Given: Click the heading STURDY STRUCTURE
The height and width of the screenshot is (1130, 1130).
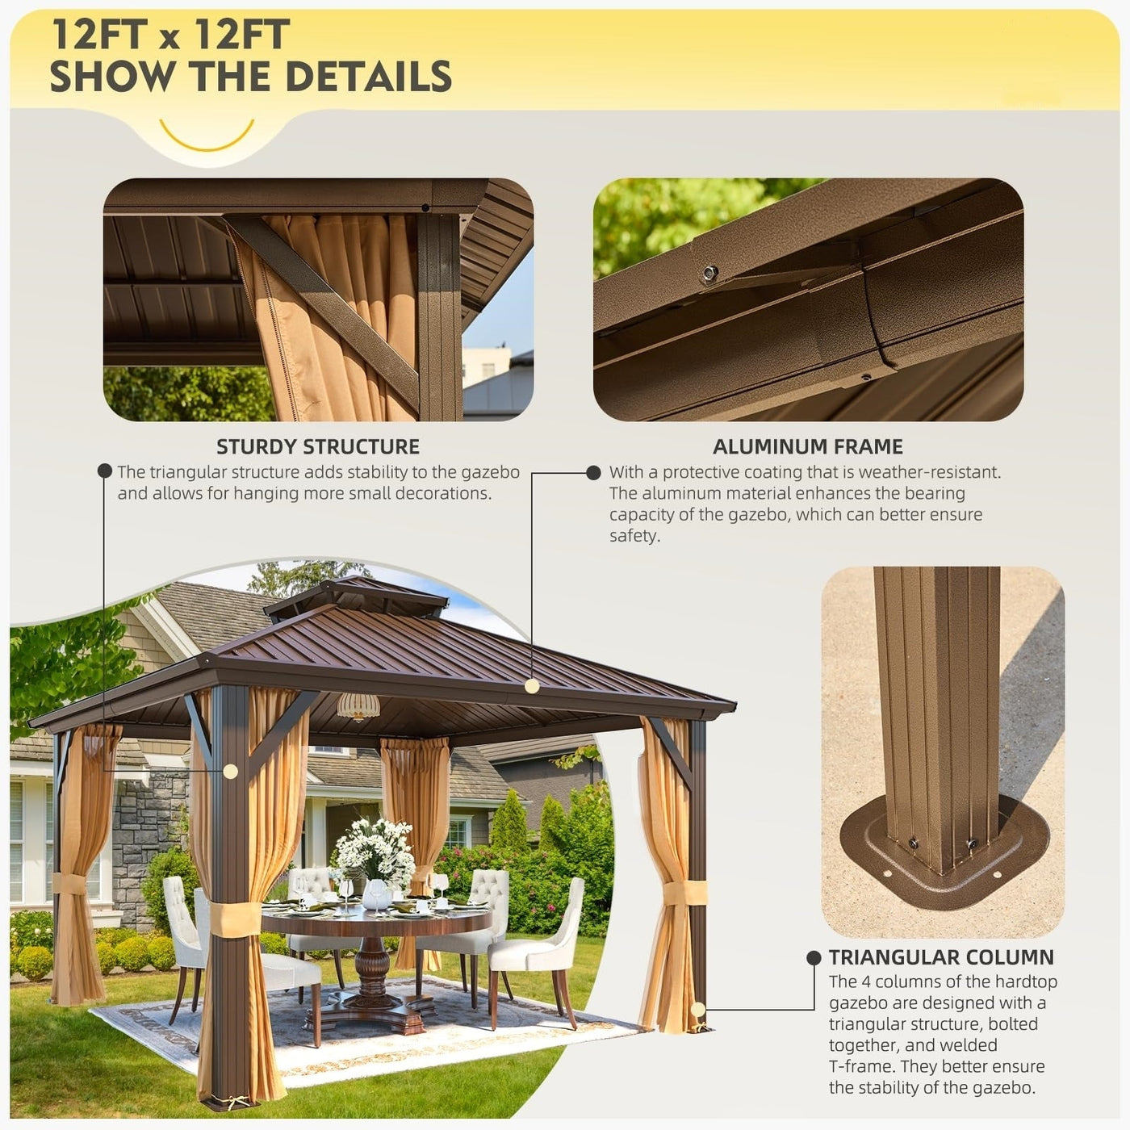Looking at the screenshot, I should click(318, 446).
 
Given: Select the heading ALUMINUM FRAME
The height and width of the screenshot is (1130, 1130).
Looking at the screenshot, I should click(807, 446).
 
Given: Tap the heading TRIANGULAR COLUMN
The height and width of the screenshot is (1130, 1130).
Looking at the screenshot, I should click(941, 957).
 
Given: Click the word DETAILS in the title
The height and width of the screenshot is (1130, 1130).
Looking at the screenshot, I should click(368, 77).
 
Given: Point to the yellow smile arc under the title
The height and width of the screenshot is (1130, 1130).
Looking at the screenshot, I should click(207, 138).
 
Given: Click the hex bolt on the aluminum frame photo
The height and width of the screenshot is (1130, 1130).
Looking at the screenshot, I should click(710, 273).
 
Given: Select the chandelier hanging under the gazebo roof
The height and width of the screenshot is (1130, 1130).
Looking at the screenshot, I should click(358, 706).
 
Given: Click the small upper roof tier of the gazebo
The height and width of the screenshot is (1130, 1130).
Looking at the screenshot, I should click(355, 596).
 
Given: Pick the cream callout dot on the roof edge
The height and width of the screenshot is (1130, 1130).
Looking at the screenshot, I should click(531, 685).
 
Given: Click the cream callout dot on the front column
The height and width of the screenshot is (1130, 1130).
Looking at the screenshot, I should click(230, 772).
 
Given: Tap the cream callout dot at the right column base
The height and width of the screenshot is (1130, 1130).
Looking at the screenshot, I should click(698, 1009).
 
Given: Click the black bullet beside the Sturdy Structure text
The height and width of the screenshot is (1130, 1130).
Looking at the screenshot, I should click(105, 471).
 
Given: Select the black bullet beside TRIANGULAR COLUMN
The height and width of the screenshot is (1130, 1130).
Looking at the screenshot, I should click(814, 957).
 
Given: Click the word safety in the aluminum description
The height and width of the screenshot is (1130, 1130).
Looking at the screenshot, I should click(634, 536).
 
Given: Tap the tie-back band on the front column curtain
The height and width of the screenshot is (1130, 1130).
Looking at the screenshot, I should click(235, 919).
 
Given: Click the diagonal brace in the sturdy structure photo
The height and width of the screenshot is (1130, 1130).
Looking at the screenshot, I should click(323, 307).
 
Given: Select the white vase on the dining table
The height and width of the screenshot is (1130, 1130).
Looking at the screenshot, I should click(376, 894).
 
